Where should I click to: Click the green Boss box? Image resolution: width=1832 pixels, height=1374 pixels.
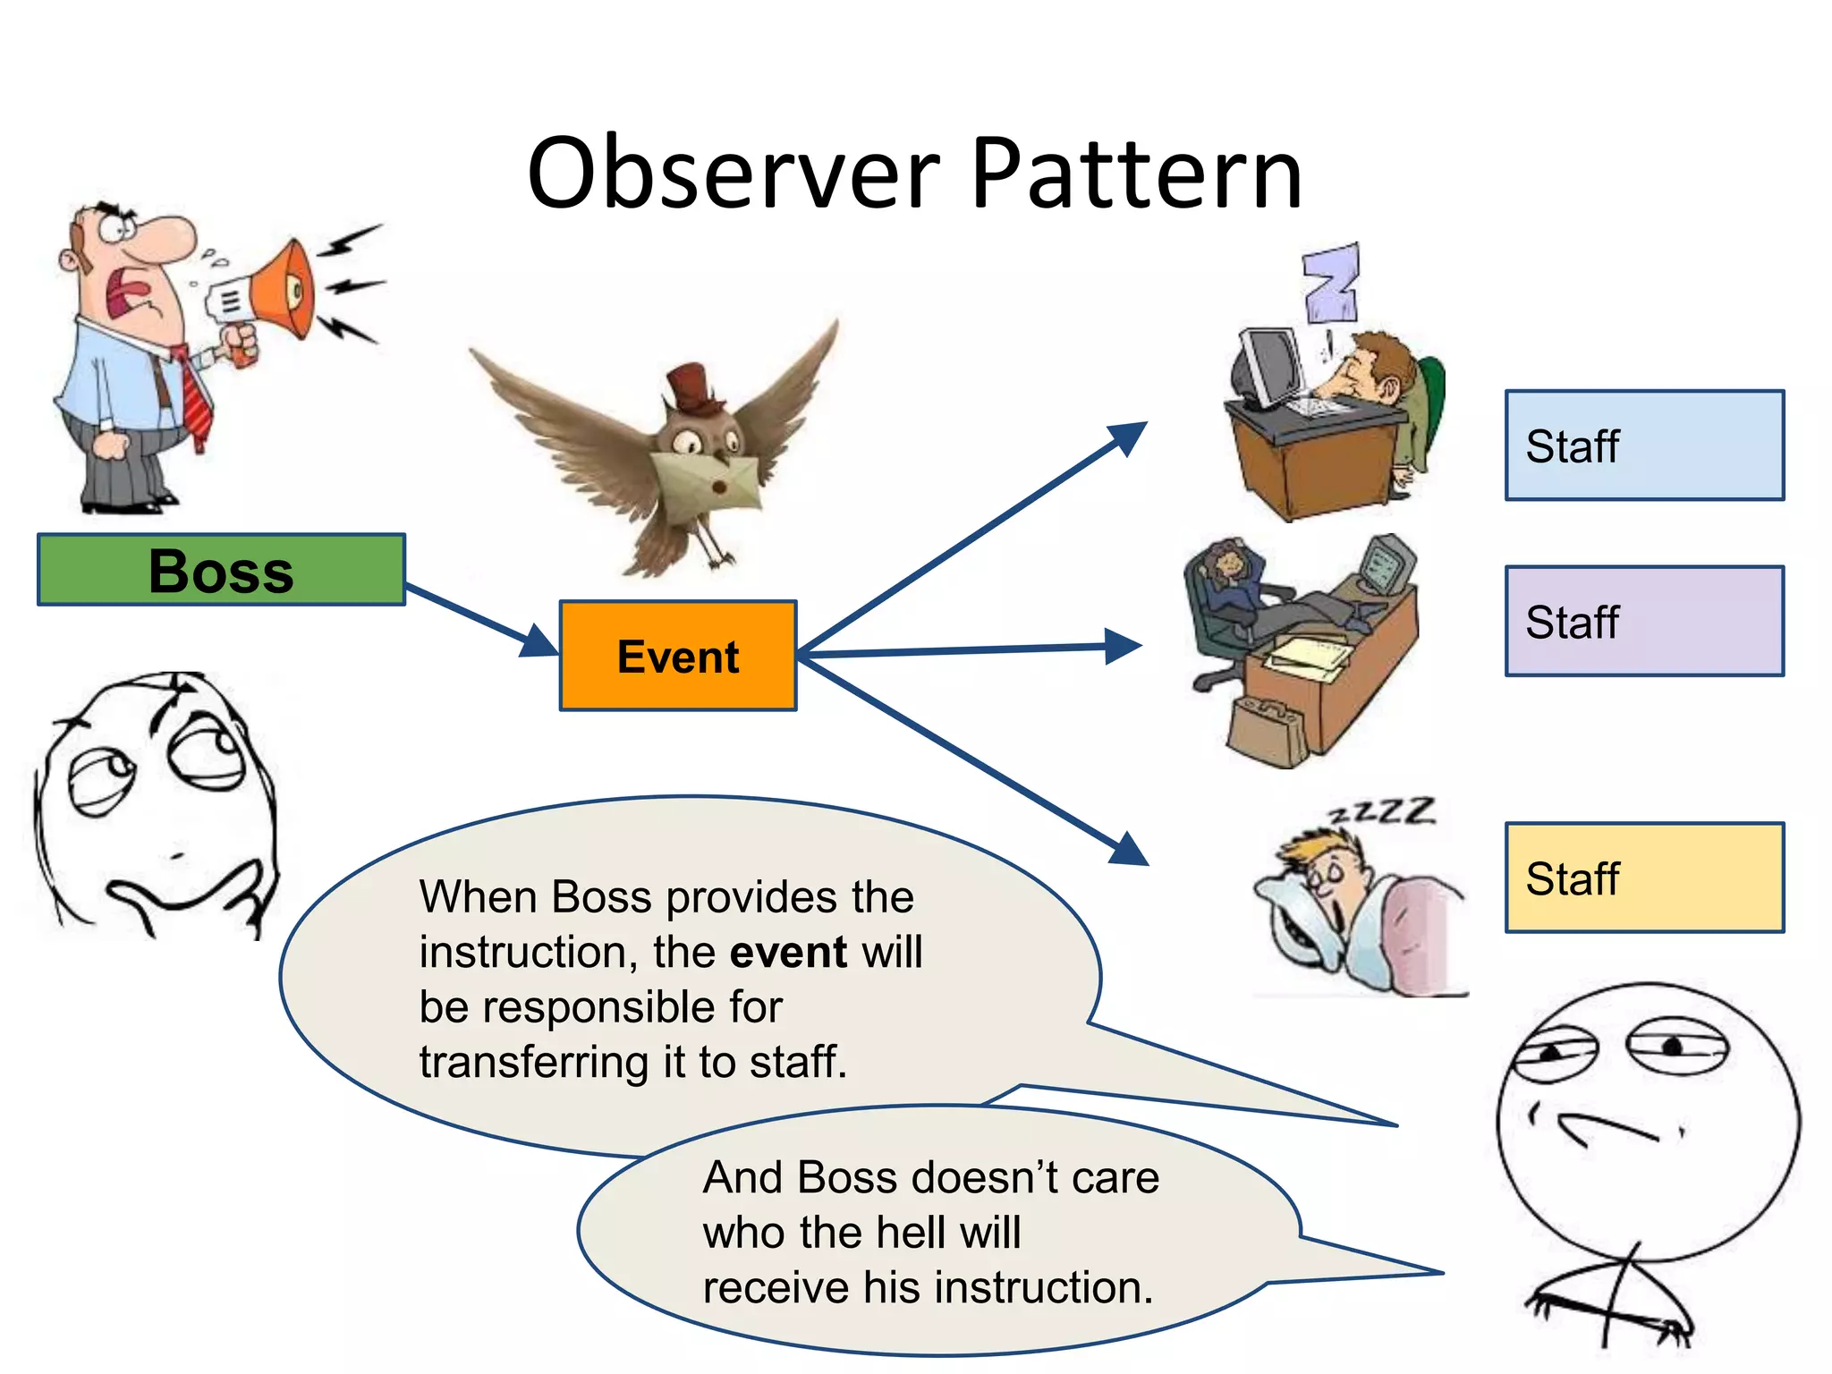(221, 570)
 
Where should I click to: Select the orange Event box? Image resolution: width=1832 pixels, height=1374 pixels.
(678, 656)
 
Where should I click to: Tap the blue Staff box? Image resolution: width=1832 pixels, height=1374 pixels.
(1644, 445)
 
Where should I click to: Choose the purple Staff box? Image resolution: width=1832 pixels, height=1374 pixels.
(1644, 621)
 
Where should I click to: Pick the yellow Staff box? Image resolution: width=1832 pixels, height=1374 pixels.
(1644, 878)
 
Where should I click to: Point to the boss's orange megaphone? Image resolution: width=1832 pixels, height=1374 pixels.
(277, 291)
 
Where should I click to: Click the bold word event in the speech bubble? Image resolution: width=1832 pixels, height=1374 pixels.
(788, 952)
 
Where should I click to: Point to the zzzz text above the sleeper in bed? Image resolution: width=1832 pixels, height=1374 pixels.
(1383, 811)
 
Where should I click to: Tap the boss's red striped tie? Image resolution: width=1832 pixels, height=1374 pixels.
(194, 398)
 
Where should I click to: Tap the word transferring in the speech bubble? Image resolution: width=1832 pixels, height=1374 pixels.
(533, 1063)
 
